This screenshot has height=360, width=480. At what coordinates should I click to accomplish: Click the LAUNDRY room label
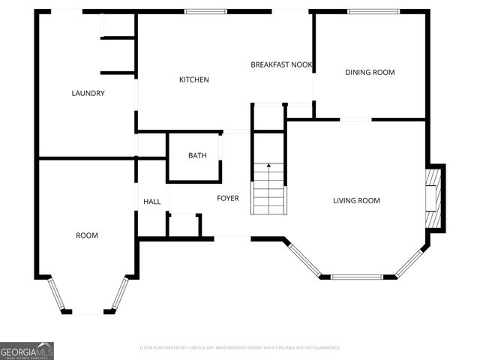point(88,94)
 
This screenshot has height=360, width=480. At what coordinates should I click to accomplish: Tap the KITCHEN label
point(193,79)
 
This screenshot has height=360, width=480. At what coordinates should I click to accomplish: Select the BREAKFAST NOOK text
point(281,65)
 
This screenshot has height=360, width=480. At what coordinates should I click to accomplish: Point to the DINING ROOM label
point(370,73)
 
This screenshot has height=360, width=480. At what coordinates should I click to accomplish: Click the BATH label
point(197,156)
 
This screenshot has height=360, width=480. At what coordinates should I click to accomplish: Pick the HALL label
point(152,201)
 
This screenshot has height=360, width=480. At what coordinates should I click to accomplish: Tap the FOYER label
point(228,199)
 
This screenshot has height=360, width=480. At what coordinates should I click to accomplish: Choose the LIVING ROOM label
point(357,200)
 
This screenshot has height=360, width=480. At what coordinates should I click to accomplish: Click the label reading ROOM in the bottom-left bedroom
point(87,235)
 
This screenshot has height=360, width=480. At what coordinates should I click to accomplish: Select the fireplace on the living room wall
point(433,196)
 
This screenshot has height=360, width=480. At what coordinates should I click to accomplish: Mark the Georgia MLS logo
point(27,350)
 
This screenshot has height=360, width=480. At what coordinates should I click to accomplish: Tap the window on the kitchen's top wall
point(208,11)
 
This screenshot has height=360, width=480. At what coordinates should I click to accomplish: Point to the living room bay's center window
point(357,277)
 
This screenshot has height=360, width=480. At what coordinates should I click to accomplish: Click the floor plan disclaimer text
point(240,348)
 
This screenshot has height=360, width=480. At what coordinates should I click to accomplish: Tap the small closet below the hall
point(183,224)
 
